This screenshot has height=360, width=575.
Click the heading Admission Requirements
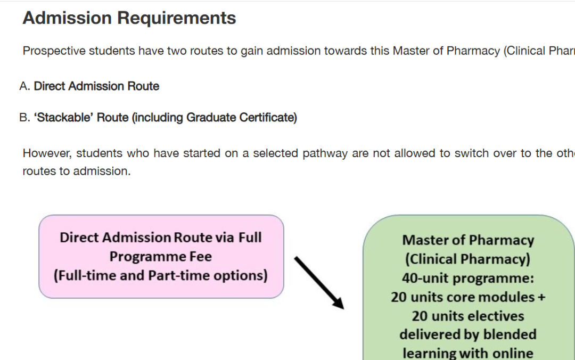click(129, 18)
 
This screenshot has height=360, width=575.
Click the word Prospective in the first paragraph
click(54, 51)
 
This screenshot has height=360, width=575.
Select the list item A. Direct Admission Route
click(89, 86)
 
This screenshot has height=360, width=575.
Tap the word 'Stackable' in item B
click(63, 117)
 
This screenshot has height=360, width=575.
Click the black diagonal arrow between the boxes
click(319, 282)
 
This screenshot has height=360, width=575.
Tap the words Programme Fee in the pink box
click(161, 257)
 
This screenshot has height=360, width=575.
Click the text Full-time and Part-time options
click(161, 276)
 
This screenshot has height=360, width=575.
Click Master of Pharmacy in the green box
click(468, 240)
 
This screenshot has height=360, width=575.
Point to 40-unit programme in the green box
click(468, 279)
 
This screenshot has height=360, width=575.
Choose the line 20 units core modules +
click(468, 297)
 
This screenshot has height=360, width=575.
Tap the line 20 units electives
click(468, 316)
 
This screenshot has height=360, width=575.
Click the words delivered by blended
click(468, 334)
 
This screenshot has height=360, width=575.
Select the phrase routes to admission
click(76, 171)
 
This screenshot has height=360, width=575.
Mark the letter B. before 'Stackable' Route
click(24, 117)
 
